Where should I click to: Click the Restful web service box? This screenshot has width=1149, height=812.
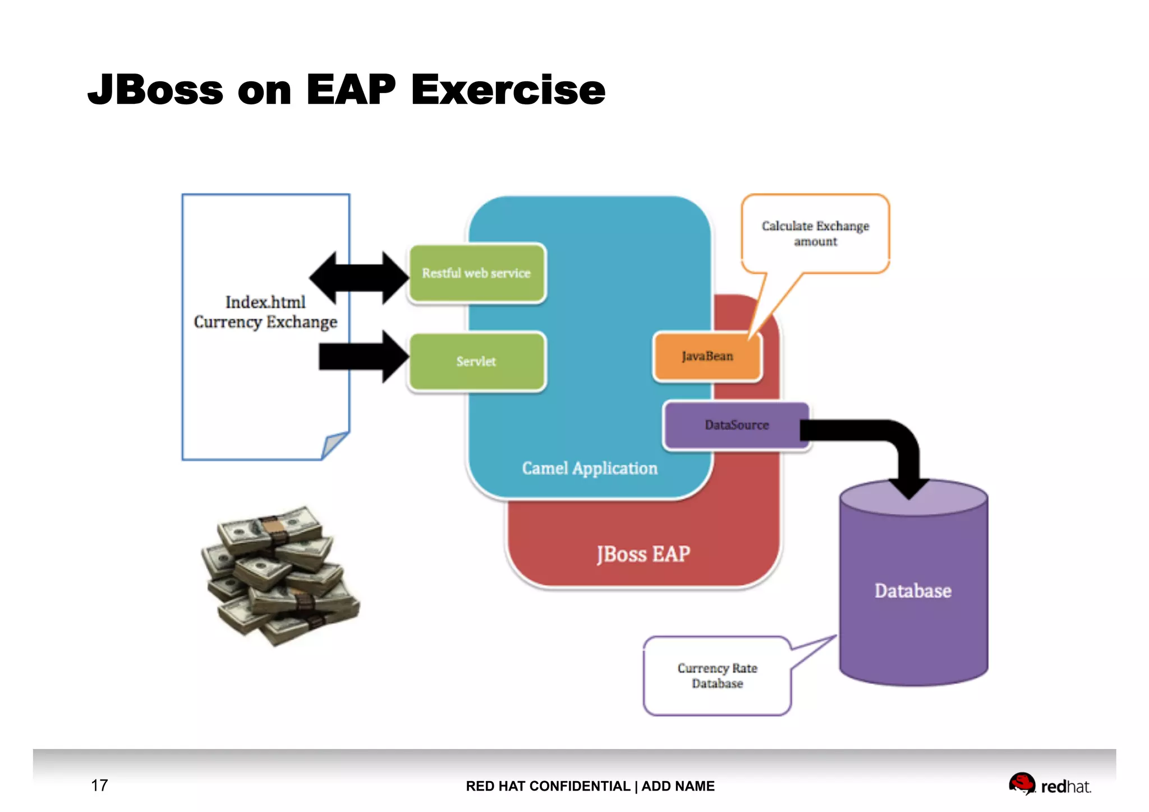point(476,273)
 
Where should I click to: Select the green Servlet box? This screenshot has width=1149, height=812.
point(476,361)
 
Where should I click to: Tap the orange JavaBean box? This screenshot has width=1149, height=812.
point(707,356)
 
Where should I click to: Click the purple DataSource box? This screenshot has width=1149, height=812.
point(736,425)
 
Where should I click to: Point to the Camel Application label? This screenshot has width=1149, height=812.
point(589,468)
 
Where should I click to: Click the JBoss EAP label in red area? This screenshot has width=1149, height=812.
point(643,554)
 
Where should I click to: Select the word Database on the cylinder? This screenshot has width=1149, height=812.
point(913,591)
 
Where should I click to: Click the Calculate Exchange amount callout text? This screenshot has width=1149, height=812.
point(815,233)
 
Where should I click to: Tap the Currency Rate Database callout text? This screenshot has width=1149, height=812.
point(717,676)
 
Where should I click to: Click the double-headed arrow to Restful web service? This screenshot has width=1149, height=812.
point(359,277)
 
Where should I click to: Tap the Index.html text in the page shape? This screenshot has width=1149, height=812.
point(265,302)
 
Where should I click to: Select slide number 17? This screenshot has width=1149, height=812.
point(99,785)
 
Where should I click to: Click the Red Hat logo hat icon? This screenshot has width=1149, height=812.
point(1021,783)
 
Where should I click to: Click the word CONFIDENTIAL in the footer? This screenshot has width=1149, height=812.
point(580,786)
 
